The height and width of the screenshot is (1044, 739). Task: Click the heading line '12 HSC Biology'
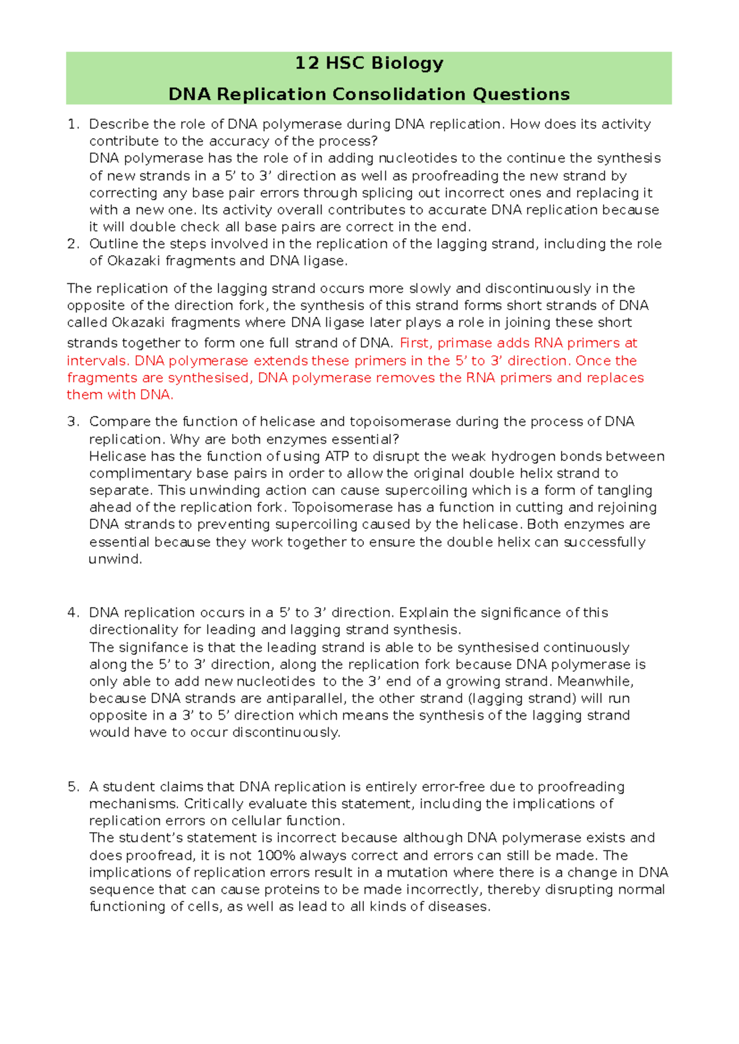click(369, 63)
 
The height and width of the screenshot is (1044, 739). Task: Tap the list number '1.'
click(73, 124)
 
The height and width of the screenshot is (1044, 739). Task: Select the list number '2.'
click(73, 244)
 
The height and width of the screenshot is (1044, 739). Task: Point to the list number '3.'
click(73, 422)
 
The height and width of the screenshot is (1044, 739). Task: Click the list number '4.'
click(73, 612)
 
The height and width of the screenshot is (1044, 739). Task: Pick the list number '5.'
click(73, 787)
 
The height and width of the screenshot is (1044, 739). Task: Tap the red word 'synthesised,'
click(210, 378)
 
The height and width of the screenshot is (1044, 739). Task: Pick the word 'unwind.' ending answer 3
click(115, 560)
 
